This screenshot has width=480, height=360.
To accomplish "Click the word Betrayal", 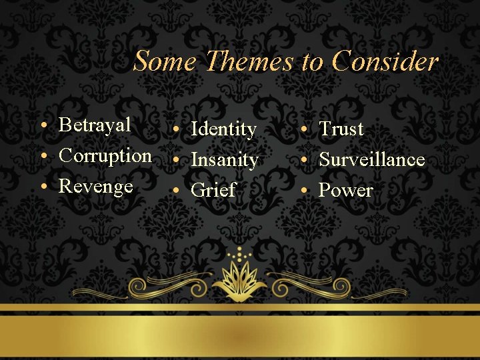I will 95,125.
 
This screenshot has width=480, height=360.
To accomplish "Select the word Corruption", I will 105,155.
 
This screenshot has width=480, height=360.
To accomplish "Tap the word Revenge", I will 96,186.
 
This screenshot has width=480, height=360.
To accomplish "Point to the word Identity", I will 223,129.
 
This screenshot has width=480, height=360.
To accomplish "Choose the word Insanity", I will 224,160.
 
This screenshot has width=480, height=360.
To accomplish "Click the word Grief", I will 213,191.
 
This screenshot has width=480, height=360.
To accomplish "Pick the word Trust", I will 341,129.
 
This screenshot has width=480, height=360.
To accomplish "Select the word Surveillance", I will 372,159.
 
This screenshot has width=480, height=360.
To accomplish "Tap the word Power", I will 346,191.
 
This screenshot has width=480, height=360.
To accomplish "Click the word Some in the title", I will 165,61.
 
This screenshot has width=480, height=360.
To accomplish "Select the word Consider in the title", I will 385,61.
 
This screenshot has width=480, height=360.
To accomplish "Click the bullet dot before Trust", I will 303,130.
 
